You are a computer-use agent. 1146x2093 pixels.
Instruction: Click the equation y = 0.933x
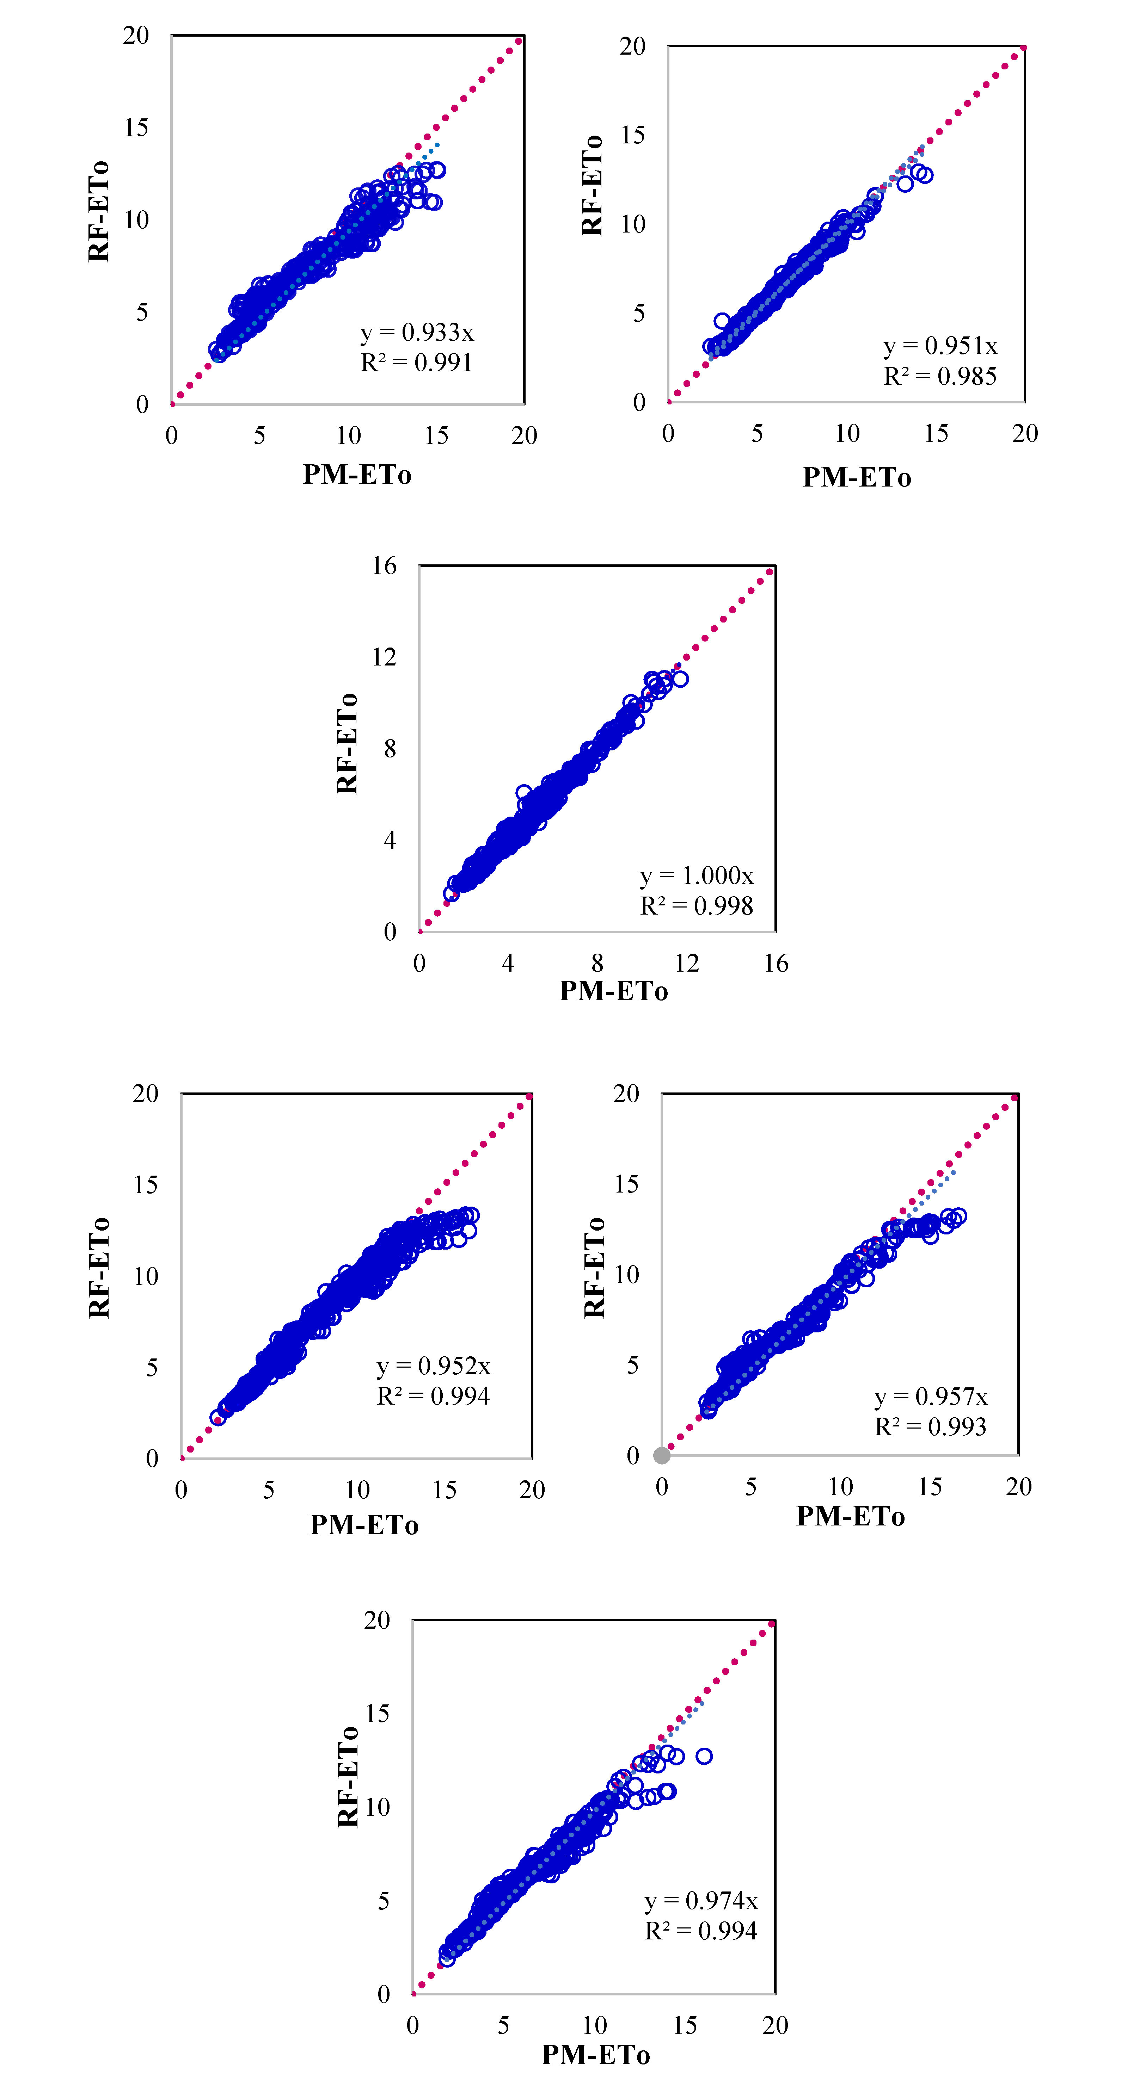(x=417, y=332)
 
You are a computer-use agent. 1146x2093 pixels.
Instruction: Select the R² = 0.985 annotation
(x=940, y=376)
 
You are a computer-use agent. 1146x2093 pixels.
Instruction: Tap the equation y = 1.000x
(x=697, y=876)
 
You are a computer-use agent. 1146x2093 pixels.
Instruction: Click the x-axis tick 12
(x=687, y=964)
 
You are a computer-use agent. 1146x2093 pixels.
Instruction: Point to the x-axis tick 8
(x=597, y=964)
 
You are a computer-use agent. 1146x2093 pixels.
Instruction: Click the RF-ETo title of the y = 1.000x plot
(x=347, y=743)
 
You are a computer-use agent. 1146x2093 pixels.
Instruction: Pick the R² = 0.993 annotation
(x=931, y=1427)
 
